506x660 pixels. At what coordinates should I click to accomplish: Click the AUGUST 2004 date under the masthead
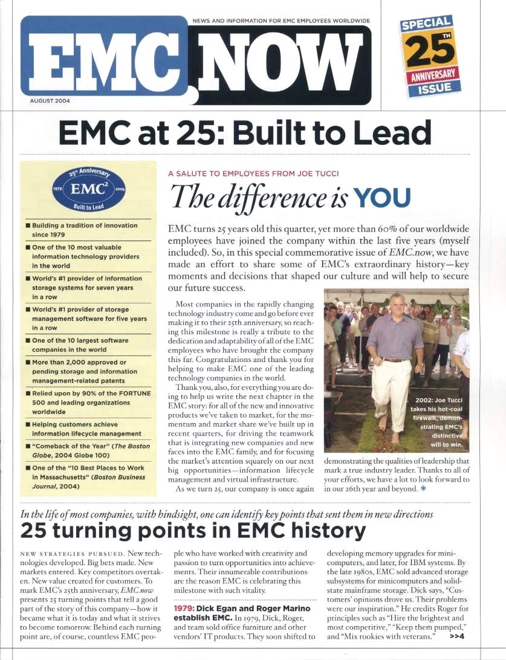pyautogui.click(x=50, y=100)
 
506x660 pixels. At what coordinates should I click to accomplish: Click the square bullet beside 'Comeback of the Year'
pyautogui.click(x=28, y=447)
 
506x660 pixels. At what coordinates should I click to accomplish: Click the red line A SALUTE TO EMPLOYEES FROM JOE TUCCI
pyautogui.click(x=253, y=173)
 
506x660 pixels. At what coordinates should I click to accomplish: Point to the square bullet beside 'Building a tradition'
pyautogui.click(x=28, y=225)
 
